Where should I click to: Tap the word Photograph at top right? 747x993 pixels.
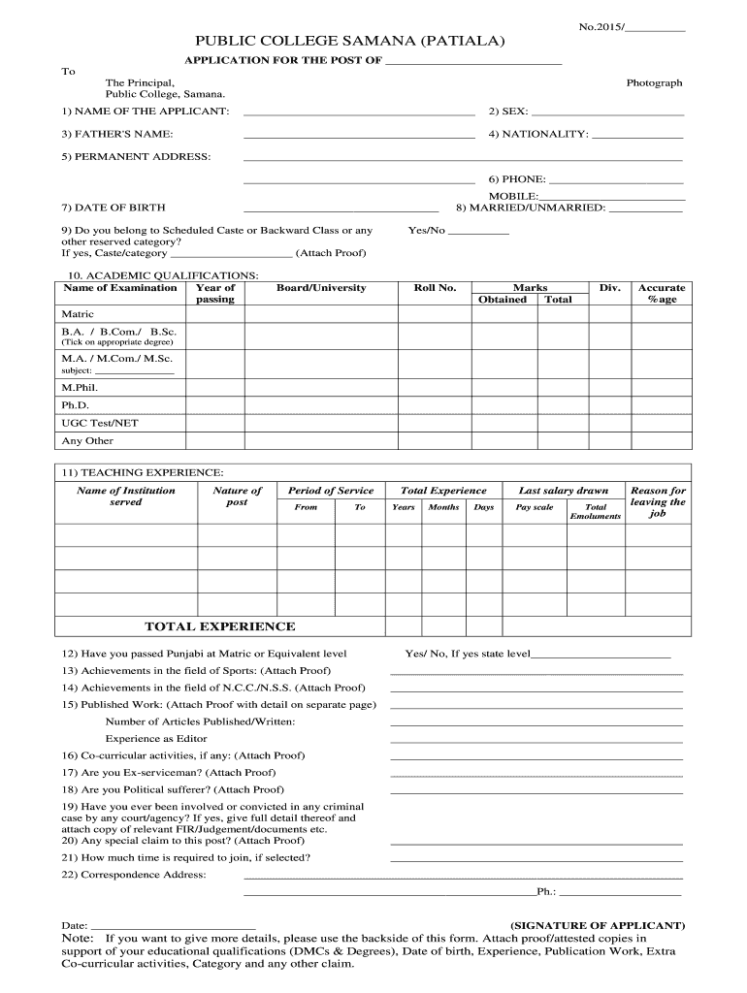pyautogui.click(x=654, y=83)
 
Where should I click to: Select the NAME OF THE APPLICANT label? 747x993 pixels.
pyautogui.click(x=146, y=112)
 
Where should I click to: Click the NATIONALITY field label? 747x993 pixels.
pyautogui.click(x=538, y=134)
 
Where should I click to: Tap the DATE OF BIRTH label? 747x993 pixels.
pyautogui.click(x=114, y=208)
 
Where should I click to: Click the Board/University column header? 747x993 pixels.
pyautogui.click(x=321, y=288)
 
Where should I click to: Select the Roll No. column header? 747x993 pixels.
pyautogui.click(x=435, y=288)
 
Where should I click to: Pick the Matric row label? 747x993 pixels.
pyautogui.click(x=78, y=315)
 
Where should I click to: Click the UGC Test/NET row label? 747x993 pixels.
pyautogui.click(x=93, y=423)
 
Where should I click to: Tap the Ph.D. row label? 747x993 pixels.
pyautogui.click(x=76, y=404)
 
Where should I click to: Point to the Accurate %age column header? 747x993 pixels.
pyautogui.click(x=661, y=294)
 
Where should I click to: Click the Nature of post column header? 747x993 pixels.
pyautogui.click(x=237, y=496)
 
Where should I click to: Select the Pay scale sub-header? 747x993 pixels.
pyautogui.click(x=534, y=507)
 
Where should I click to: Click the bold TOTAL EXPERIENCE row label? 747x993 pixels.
pyautogui.click(x=220, y=626)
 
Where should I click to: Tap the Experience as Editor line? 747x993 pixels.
pyautogui.click(x=156, y=739)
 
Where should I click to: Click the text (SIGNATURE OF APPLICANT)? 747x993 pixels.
pyautogui.click(x=598, y=926)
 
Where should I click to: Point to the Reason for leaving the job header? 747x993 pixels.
pyautogui.click(x=658, y=502)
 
